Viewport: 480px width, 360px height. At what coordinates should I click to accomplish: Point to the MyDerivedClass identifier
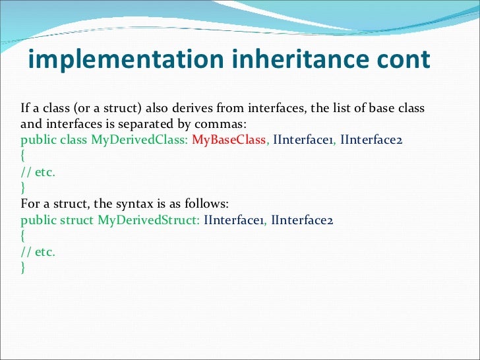[140, 140]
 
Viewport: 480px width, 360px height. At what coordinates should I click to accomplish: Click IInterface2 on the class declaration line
[371, 140]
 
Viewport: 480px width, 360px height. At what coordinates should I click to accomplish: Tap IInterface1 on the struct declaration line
[233, 220]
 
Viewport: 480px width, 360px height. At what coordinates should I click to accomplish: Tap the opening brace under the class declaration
[23, 156]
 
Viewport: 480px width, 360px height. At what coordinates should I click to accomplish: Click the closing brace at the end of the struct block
[23, 267]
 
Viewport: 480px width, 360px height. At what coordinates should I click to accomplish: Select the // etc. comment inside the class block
[38, 172]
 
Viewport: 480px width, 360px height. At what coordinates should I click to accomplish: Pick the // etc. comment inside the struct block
[38, 251]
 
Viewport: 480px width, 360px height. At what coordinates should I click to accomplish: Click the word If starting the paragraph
[25, 107]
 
